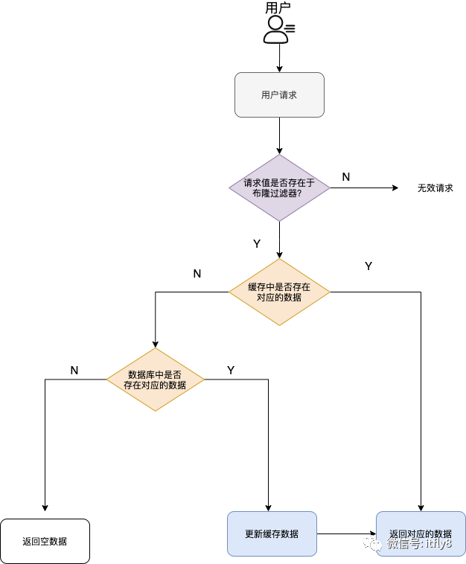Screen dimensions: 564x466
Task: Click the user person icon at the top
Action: point(277,29)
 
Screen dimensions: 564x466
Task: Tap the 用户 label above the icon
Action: point(278,8)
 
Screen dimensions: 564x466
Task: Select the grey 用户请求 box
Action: point(279,94)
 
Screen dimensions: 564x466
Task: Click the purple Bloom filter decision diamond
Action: point(279,188)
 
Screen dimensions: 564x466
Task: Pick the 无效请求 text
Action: point(435,188)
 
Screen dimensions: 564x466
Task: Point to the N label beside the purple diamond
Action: point(346,176)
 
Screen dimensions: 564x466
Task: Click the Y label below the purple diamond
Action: point(257,243)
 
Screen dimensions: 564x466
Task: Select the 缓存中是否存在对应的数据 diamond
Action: point(279,292)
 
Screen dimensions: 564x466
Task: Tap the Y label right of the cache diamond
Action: point(368,266)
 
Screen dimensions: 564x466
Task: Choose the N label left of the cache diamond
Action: point(197,273)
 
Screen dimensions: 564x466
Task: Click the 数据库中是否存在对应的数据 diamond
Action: point(156,379)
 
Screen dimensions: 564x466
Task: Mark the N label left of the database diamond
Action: point(74,370)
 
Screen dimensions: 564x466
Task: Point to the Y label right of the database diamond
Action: point(231,370)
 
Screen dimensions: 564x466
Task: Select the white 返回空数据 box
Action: point(45,541)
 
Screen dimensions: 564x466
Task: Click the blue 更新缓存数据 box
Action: point(272,533)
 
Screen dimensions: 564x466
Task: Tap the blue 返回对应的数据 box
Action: point(421,533)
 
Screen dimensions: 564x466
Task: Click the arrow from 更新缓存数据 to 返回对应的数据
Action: point(346,533)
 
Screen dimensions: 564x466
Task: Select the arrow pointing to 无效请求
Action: point(365,188)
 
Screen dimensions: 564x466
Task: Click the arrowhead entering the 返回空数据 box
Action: point(45,508)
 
